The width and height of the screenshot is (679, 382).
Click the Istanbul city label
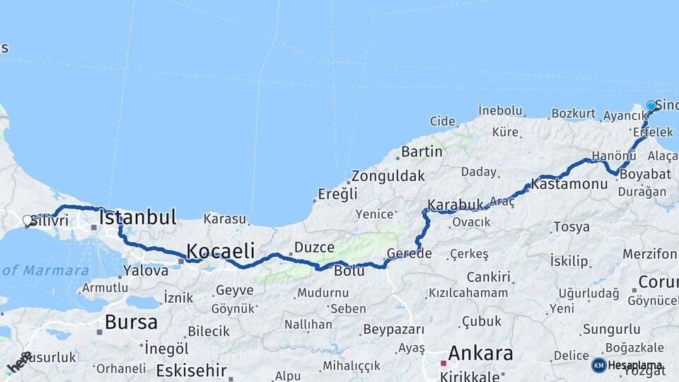point(138,217)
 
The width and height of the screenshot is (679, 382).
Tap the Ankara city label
point(480,352)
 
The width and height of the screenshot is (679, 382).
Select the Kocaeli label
point(220,250)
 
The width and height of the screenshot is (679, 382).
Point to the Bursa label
point(131,323)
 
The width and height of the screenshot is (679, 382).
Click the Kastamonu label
point(569,184)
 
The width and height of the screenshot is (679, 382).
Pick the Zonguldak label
point(388,175)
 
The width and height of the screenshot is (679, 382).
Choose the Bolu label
point(349,270)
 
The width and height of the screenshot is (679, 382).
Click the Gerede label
point(410,254)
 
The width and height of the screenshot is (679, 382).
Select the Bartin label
point(422,151)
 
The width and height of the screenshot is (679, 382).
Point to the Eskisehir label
point(192,370)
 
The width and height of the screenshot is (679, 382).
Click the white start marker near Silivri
point(28,221)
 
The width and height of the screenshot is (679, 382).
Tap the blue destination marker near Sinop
point(651,106)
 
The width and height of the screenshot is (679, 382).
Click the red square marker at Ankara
point(443,363)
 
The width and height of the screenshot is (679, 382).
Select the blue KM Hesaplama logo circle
point(598,365)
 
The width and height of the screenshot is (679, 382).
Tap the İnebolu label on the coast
point(500,110)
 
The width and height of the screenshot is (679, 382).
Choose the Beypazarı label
point(393,330)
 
